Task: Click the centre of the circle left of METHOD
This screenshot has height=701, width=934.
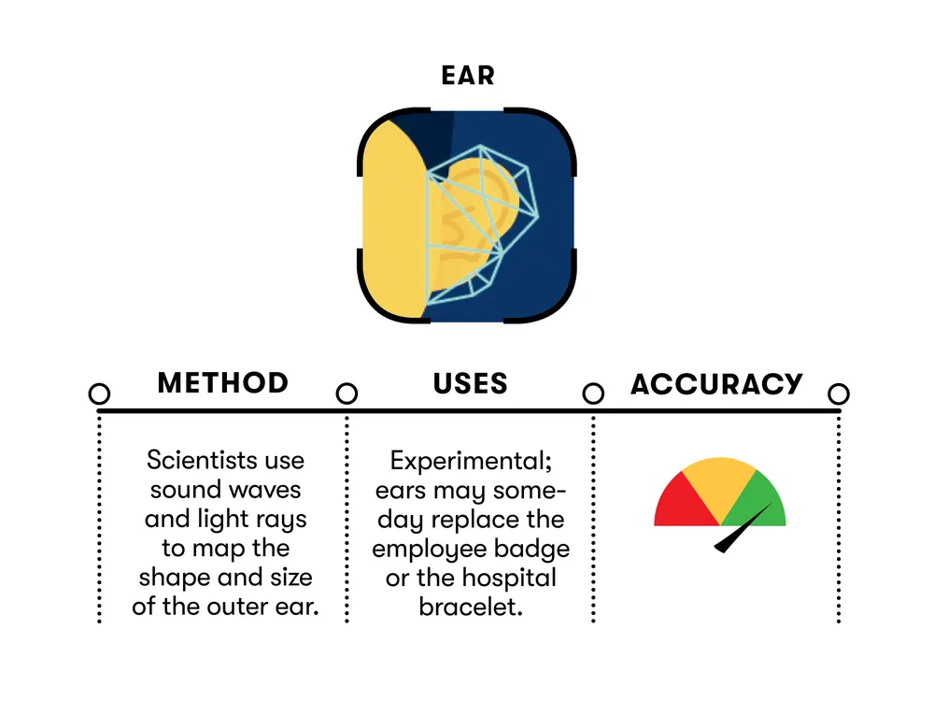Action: (100, 393)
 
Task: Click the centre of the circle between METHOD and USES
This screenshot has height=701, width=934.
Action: (347, 393)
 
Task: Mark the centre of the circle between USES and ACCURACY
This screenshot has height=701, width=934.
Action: (593, 393)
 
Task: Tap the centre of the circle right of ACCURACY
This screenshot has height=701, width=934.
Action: (839, 393)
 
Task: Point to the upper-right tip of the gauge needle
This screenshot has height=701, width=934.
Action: (772, 504)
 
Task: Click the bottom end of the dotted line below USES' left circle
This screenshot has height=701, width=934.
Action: (347, 622)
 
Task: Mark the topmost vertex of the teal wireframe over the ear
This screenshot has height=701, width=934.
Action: (480, 146)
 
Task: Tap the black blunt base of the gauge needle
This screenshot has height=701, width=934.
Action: (720, 547)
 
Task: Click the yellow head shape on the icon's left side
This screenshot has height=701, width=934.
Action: (394, 220)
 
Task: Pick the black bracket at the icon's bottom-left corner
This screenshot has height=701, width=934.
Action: (390, 291)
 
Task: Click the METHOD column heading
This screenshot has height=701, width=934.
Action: (223, 382)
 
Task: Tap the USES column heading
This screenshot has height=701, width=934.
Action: (470, 383)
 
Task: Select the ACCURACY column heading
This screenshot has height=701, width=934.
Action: (716, 383)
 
